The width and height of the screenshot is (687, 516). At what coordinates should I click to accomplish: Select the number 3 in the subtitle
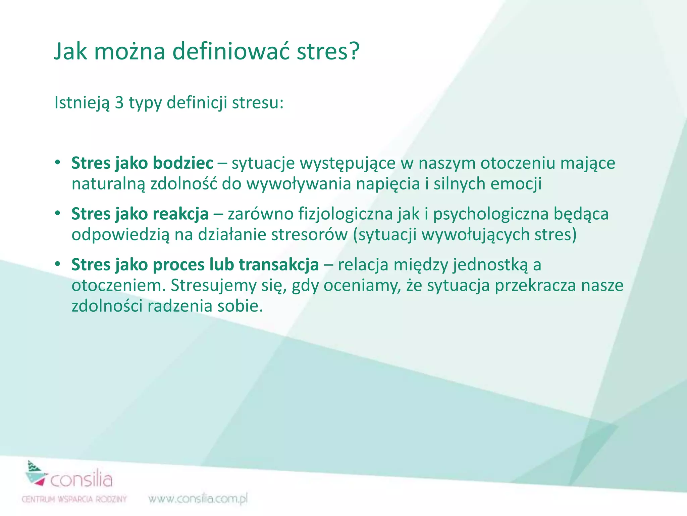[x=119, y=102]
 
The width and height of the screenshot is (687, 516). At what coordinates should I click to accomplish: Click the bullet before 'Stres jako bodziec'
[x=58, y=163]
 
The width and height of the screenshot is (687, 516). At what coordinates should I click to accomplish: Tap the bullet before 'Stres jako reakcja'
[x=58, y=213]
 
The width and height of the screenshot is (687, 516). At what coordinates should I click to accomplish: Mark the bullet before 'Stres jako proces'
[x=58, y=264]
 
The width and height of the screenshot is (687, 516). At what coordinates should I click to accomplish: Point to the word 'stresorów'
[x=309, y=234]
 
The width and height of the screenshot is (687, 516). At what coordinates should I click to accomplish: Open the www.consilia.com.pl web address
[x=198, y=499]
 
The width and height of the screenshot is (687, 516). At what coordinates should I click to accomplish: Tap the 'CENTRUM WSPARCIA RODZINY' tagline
[x=74, y=499]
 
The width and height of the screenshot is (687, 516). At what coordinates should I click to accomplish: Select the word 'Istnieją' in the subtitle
[x=82, y=102]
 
